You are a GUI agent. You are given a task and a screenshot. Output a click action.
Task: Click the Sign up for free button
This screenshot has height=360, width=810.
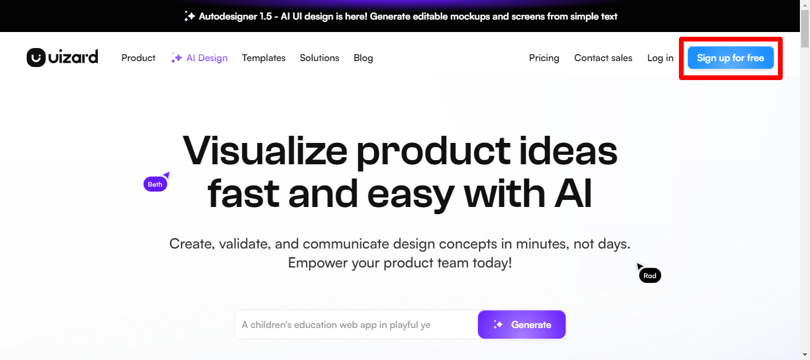(x=731, y=58)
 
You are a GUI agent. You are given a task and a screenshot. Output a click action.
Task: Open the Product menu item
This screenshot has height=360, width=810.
(x=138, y=58)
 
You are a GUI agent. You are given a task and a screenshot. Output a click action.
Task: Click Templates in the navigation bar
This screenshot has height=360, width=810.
(x=264, y=58)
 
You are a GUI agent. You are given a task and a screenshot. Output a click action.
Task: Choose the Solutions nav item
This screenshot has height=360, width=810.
(x=319, y=58)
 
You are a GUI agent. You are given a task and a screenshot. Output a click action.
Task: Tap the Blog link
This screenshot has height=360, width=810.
(x=363, y=58)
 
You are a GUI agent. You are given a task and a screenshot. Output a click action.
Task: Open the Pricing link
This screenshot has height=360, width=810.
(x=544, y=58)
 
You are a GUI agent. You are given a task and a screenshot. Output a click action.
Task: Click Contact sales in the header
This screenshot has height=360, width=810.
(x=603, y=58)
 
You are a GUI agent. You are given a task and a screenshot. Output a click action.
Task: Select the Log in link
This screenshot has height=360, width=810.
(x=661, y=58)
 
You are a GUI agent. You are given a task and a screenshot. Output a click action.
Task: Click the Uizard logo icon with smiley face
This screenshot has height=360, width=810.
(x=36, y=58)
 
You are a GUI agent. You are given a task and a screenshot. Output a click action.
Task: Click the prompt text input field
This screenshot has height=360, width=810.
(x=356, y=324)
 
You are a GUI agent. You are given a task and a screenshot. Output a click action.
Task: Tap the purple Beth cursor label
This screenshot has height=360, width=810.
(x=155, y=184)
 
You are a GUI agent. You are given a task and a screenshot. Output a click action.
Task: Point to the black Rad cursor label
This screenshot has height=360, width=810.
(x=650, y=276)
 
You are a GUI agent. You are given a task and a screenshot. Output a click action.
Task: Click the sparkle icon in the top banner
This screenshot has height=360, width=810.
(x=190, y=16)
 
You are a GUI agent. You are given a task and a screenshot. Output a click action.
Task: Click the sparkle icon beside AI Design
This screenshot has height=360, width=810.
(x=177, y=58)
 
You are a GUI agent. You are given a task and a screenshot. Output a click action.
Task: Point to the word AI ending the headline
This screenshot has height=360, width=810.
(x=573, y=193)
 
